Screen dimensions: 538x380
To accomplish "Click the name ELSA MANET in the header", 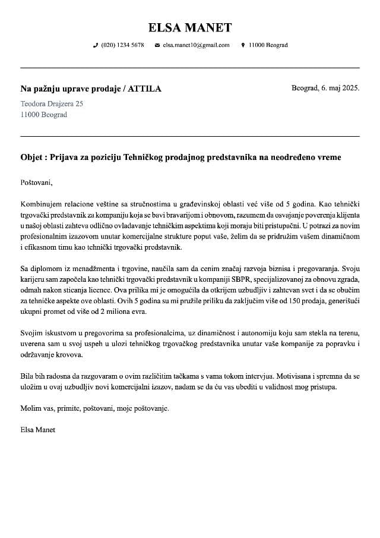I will pos(190,27).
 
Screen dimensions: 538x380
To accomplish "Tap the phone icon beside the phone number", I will pos(96,45).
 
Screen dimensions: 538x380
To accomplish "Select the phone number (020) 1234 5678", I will pos(122,45).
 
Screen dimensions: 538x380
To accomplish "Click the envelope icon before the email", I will pos(157,45).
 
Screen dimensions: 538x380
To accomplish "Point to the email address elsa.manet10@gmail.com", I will pos(196,45).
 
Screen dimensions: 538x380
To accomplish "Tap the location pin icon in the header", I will pos(243,45).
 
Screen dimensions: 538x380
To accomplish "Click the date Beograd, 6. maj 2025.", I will pos(325,88).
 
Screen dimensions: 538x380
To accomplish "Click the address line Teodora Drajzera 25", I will pos(52,103).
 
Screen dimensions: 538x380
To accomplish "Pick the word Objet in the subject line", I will pos(31,158).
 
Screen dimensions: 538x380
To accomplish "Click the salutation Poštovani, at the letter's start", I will pos(37,183).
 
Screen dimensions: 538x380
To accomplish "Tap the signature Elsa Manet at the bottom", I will pos(37,429).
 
